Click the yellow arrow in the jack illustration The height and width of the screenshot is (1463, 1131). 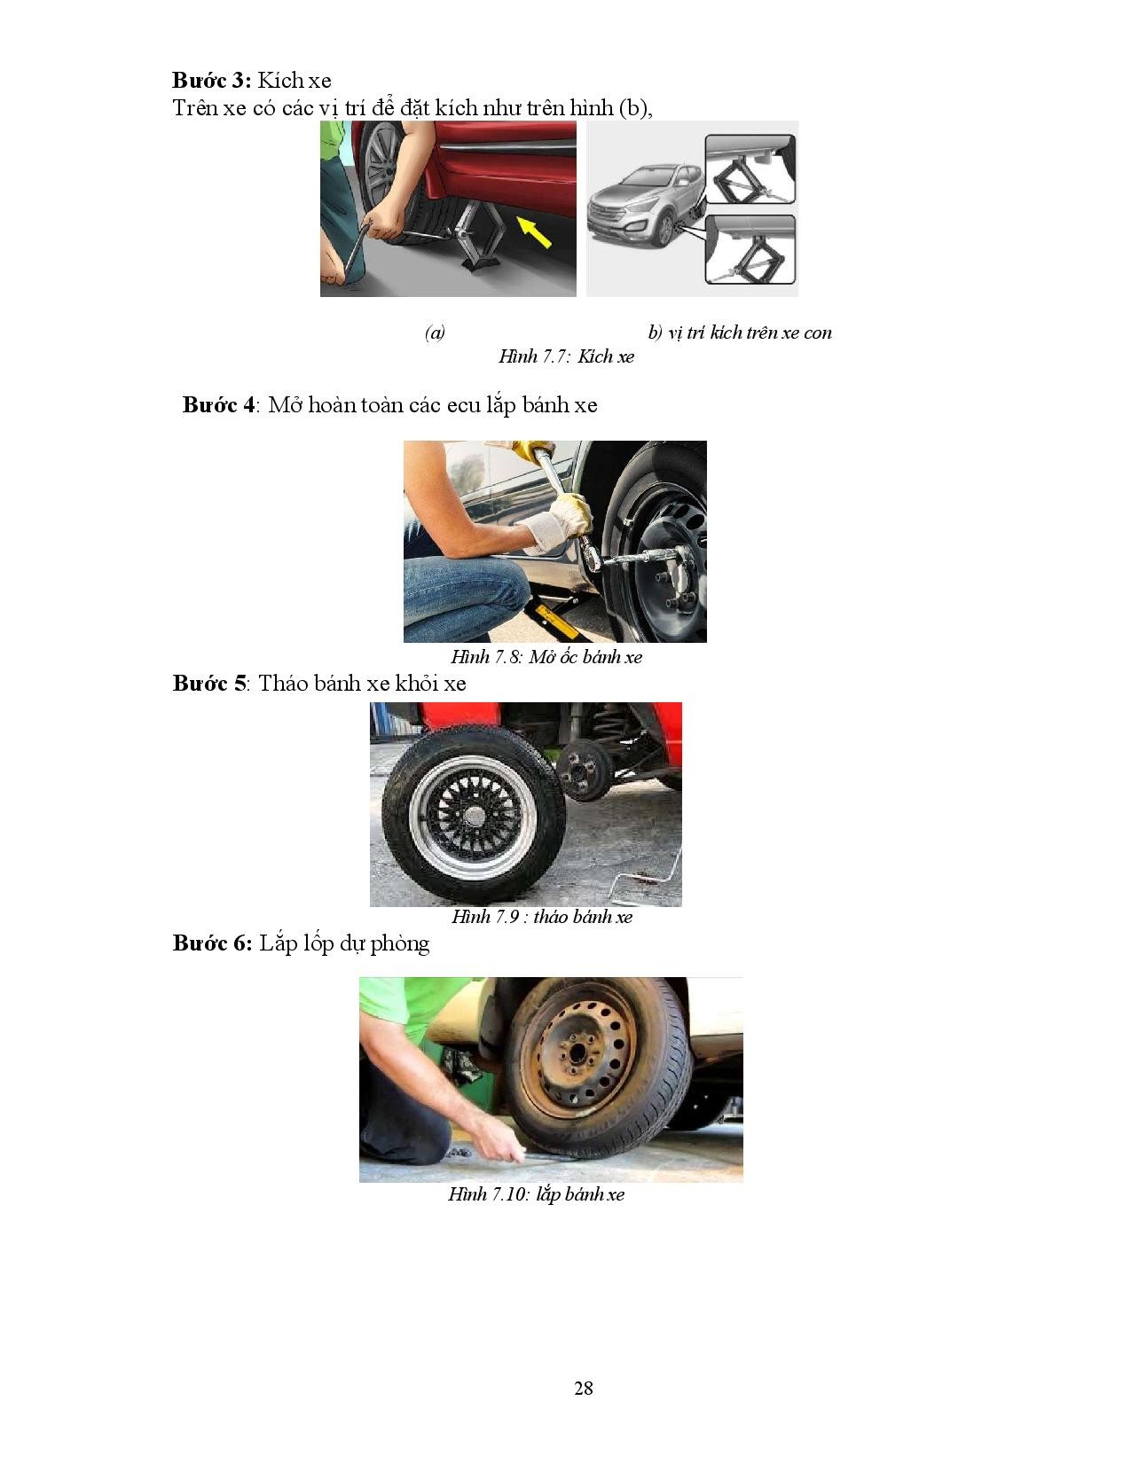click(534, 231)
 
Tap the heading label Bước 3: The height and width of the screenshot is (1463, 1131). click(211, 80)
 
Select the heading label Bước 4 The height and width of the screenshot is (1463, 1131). click(219, 404)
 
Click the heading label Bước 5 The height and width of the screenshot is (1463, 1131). click(209, 683)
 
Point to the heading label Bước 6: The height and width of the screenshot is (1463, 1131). click(212, 943)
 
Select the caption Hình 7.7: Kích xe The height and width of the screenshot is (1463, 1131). click(567, 356)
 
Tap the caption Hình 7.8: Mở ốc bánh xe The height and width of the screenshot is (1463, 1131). click(546, 656)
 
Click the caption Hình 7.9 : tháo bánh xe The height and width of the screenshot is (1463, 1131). click(542, 916)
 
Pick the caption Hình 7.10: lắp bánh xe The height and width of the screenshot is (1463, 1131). click(536, 1193)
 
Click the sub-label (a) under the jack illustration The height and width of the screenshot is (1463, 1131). click(436, 332)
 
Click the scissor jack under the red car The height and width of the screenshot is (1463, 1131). click(482, 236)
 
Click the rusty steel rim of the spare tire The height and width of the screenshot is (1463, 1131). click(578, 1059)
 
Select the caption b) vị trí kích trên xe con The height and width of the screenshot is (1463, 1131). click(740, 332)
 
